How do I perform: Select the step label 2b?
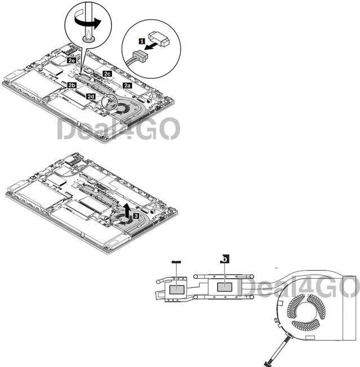pos(71,85)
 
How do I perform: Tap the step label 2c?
pos(107,74)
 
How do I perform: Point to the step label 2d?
pos(91,96)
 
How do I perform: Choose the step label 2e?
pos(71,59)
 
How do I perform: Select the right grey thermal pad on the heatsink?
pos(225,286)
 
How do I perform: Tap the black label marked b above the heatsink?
pos(225,259)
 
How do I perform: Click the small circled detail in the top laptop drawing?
pos(111,102)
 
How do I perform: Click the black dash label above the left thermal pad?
pos(175,262)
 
